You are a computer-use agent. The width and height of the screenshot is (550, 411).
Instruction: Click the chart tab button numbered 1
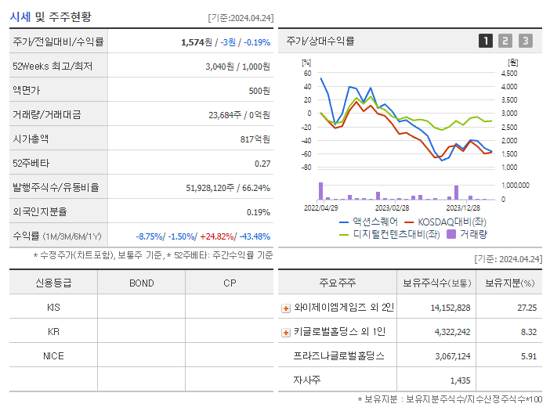[486, 41]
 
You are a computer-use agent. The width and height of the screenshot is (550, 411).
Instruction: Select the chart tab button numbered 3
[525, 41]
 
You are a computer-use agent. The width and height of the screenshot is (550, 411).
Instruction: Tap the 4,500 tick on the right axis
[508, 73]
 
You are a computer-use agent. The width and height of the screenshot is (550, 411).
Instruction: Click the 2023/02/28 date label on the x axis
[392, 207]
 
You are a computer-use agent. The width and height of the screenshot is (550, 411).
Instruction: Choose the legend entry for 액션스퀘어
[368, 222]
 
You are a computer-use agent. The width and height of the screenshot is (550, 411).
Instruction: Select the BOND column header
[141, 283]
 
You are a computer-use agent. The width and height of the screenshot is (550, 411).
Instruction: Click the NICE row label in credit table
[53, 355]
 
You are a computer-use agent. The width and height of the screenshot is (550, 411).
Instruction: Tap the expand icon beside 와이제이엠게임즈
[286, 308]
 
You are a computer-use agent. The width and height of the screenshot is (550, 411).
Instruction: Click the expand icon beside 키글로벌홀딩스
[286, 332]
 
